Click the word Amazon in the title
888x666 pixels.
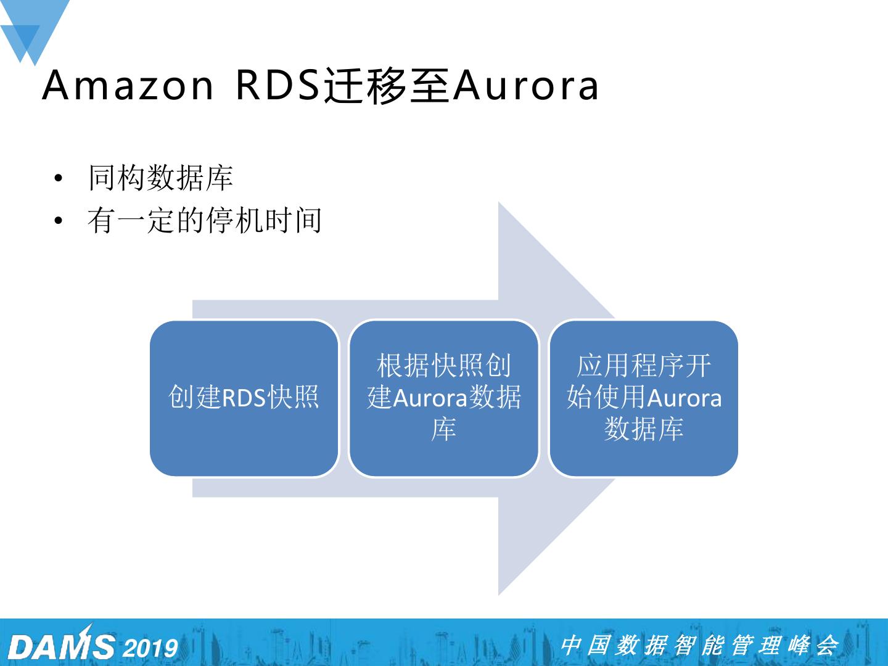point(128,86)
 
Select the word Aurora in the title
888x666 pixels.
point(525,86)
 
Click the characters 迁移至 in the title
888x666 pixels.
point(385,86)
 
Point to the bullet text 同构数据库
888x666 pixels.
point(160,178)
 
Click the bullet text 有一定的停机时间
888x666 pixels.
point(204,221)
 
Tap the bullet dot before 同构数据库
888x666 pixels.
point(59,179)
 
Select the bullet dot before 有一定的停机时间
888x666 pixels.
point(59,221)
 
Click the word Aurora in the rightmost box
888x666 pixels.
point(684,398)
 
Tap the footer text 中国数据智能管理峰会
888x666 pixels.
point(699,646)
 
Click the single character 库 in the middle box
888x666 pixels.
point(443,430)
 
